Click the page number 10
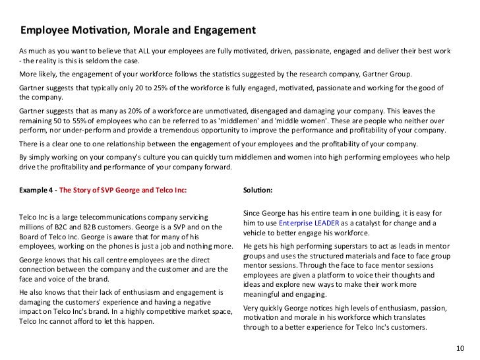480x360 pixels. (x=460, y=347)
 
